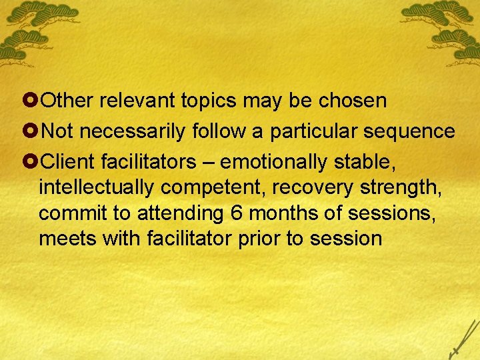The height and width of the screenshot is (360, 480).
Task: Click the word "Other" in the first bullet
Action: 69,101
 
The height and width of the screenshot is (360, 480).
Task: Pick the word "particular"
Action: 314,131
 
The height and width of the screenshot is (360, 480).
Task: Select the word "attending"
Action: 180,213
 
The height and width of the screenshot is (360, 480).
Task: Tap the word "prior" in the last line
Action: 261,238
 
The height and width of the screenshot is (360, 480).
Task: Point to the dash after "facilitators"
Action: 209,162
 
